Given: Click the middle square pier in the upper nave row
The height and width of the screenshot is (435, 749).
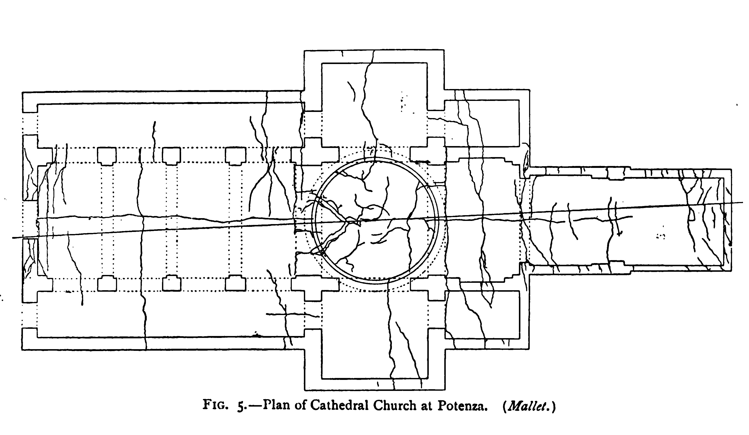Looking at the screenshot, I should tap(172, 155).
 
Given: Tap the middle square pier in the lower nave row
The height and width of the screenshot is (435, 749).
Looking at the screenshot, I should tap(172, 283).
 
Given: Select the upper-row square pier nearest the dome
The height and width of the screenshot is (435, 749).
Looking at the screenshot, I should tap(235, 155).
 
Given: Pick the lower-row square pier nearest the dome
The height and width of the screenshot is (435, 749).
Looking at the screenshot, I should tap(235, 283).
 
